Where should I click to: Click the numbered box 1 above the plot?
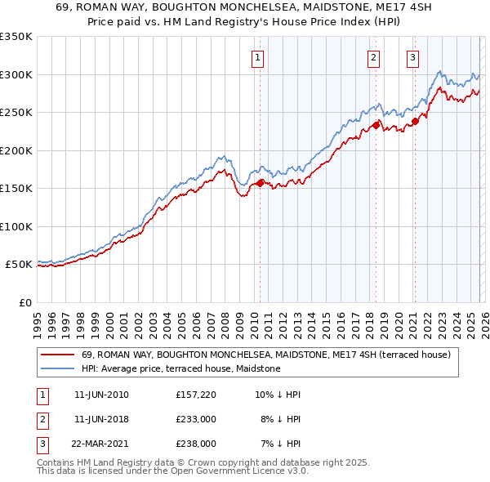click(257, 57)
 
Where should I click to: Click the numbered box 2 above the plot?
click(373, 57)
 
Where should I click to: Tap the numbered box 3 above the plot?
click(413, 57)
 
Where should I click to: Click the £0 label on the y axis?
click(24, 302)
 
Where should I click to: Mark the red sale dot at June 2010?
click(261, 183)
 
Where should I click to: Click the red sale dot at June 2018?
click(376, 125)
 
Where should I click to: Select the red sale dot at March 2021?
click(415, 121)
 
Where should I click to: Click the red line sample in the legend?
click(57, 355)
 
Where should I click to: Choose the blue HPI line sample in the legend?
click(57, 369)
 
